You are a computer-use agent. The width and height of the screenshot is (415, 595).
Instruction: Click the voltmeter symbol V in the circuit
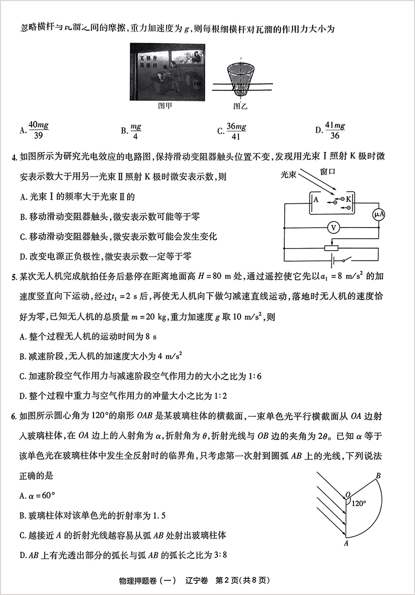[332, 228]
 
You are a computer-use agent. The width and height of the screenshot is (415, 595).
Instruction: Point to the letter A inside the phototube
[316, 200]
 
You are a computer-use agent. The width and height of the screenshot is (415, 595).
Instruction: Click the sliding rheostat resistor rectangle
[331, 248]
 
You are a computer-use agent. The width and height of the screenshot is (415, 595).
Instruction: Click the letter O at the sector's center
[347, 495]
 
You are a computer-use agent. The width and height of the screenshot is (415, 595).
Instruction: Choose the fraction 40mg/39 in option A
[38, 130]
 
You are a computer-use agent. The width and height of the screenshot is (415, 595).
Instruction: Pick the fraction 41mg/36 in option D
[335, 130]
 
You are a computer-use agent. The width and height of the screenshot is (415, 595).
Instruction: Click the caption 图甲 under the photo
[165, 105]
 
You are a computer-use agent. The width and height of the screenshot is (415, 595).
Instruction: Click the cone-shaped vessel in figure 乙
[241, 79]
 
